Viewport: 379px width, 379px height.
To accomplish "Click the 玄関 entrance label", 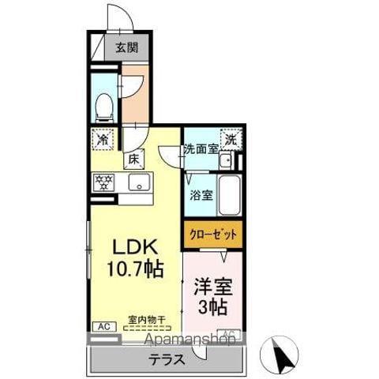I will point(126,47).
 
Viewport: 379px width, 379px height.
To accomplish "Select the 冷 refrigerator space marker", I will point(103,139).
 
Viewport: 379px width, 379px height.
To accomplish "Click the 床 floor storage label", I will point(135,159).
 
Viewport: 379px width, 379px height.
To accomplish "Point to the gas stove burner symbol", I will point(103,182).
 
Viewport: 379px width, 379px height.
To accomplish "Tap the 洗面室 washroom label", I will point(201,148).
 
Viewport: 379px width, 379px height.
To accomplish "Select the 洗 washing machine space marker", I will point(231,138).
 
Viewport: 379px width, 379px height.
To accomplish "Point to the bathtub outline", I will point(229,195).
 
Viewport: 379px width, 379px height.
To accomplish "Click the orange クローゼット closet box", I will point(213,235).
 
